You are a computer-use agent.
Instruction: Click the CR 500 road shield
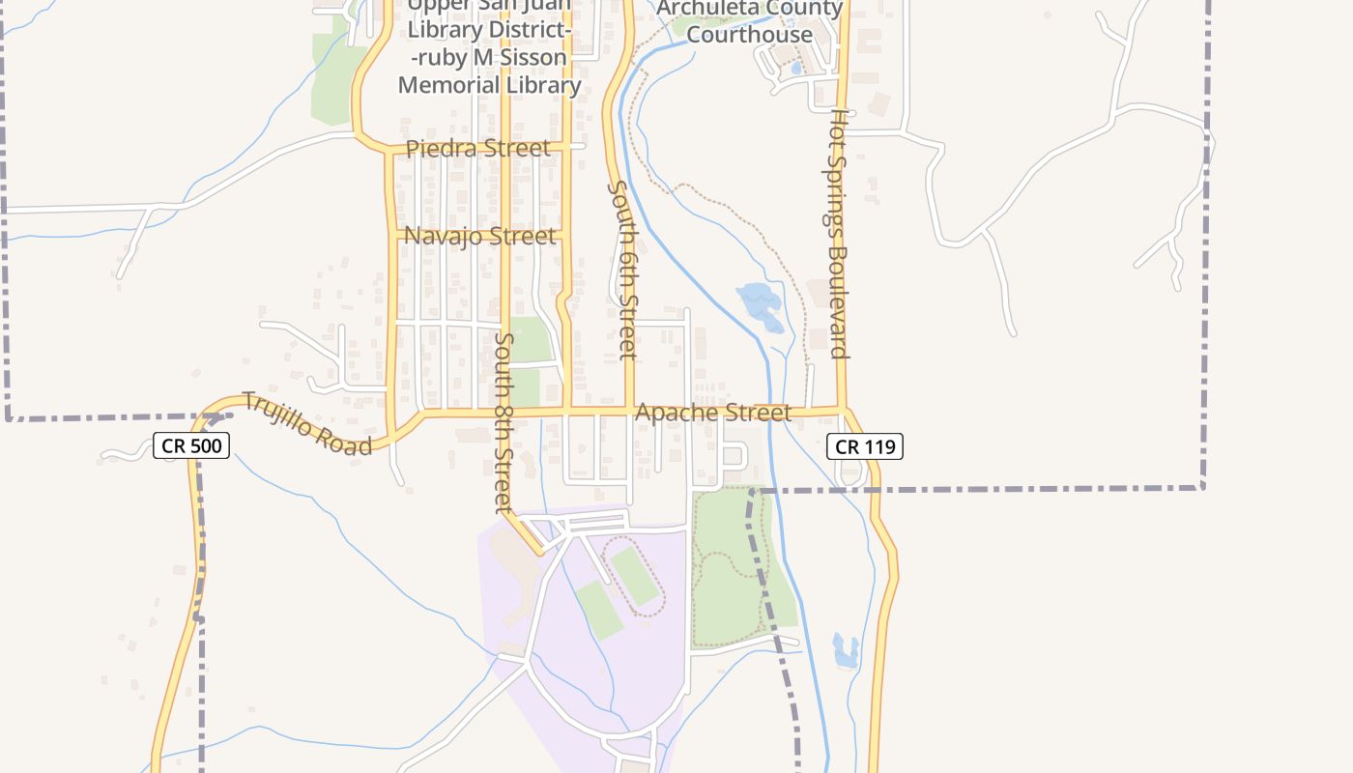click(x=190, y=445)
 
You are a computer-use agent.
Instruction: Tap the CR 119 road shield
click(x=865, y=445)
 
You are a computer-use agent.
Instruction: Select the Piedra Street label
click(x=478, y=149)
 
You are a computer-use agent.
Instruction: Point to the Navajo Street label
click(x=480, y=236)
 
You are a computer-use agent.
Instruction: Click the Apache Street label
click(x=713, y=413)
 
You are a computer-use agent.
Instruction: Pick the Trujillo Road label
click(x=306, y=423)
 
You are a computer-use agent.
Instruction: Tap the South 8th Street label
click(x=503, y=422)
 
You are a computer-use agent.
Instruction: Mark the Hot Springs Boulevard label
click(x=839, y=233)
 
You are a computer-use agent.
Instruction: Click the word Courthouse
click(x=751, y=35)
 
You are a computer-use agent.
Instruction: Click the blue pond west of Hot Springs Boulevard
click(x=760, y=306)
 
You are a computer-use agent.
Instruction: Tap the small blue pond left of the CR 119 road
click(x=846, y=651)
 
